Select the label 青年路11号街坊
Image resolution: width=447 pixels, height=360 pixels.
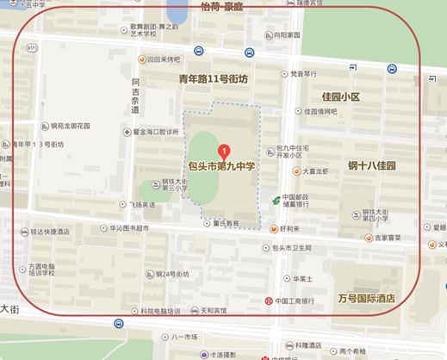click(213, 79)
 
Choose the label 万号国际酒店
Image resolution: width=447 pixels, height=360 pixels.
click(365, 298)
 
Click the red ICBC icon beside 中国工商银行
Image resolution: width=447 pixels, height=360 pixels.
click(267, 301)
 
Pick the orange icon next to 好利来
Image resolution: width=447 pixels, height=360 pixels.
click(272, 228)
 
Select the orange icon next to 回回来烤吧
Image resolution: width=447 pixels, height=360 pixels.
click(142, 59)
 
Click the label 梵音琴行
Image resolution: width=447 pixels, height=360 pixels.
click(309, 74)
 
